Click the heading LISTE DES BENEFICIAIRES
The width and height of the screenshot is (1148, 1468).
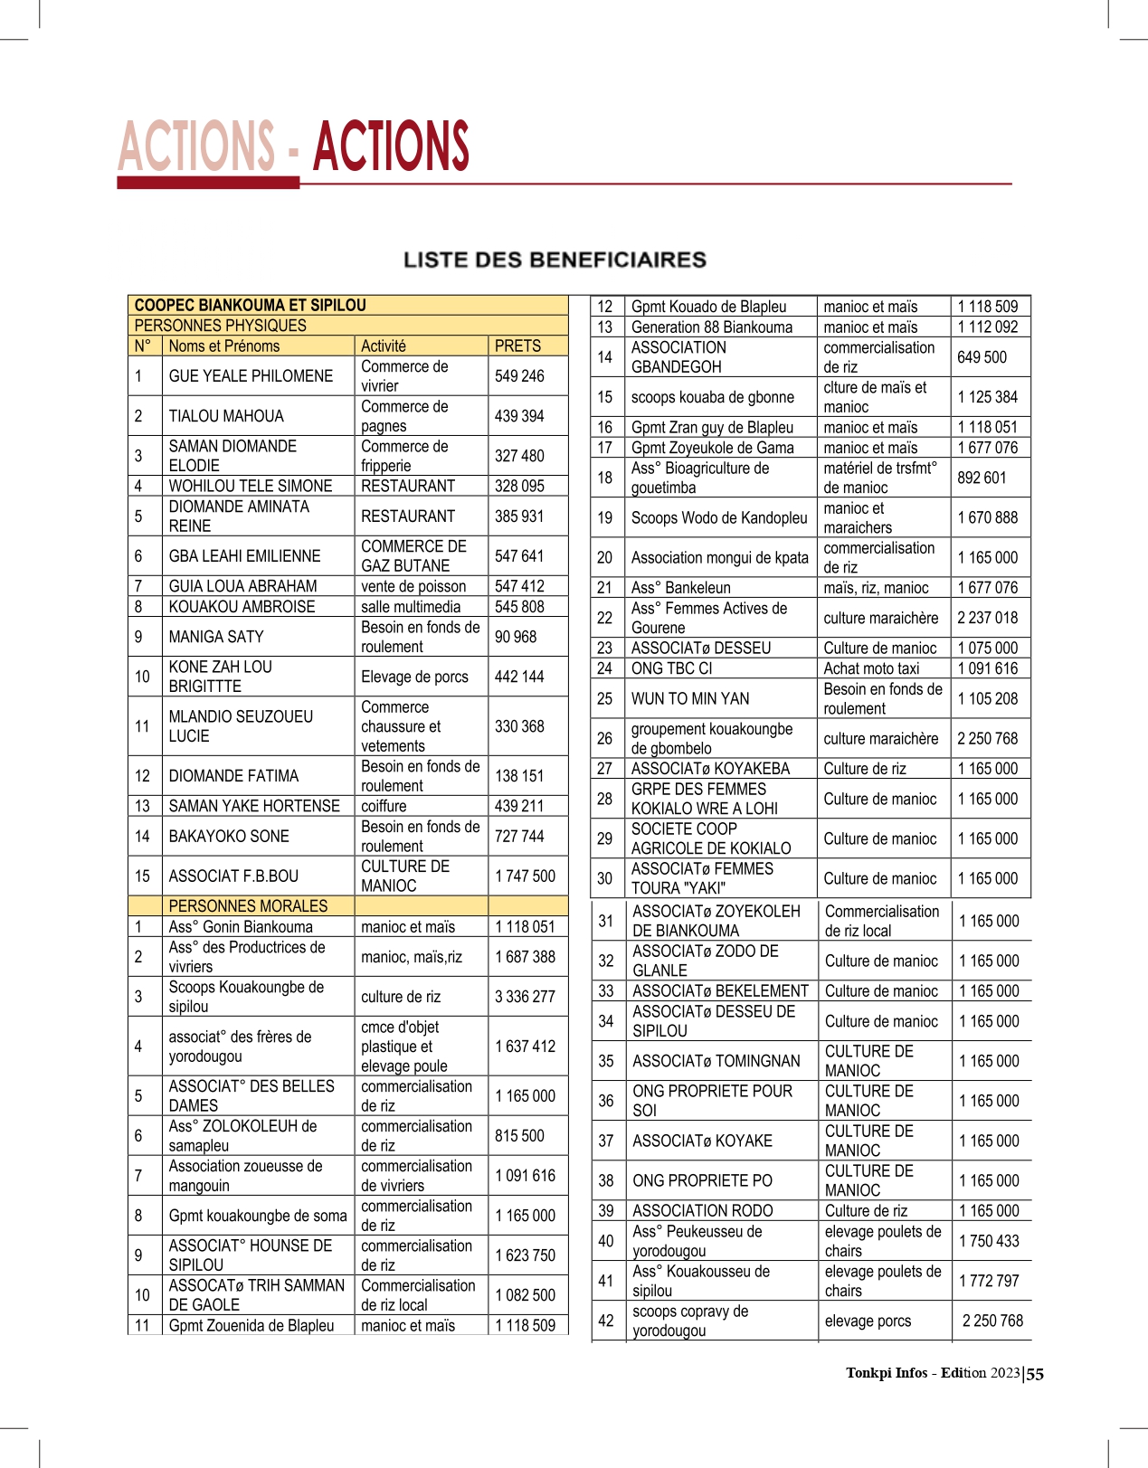click(x=555, y=260)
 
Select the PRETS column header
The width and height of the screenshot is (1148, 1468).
click(x=517, y=346)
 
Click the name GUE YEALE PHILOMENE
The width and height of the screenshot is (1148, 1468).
click(x=251, y=376)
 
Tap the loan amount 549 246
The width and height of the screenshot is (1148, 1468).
click(x=519, y=376)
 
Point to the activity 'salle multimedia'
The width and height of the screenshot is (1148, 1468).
click(x=411, y=607)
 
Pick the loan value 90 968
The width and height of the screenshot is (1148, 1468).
click(x=516, y=637)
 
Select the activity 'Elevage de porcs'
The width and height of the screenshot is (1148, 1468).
click(x=414, y=677)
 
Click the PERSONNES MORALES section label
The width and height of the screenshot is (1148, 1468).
click(x=248, y=905)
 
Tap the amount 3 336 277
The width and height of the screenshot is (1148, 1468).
click(x=525, y=997)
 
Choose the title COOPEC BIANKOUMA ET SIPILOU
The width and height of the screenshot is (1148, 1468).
click(x=250, y=306)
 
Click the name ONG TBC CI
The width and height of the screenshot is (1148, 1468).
click(x=671, y=668)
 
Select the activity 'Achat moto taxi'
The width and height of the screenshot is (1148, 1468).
click(x=871, y=668)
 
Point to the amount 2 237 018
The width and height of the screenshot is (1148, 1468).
click(x=987, y=618)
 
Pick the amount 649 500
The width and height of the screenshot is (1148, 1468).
click(x=982, y=357)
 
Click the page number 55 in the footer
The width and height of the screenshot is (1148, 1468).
click(x=1035, y=1374)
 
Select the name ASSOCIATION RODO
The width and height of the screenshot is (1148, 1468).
click(x=702, y=1210)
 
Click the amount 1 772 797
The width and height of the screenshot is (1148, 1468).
click(x=989, y=1281)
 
